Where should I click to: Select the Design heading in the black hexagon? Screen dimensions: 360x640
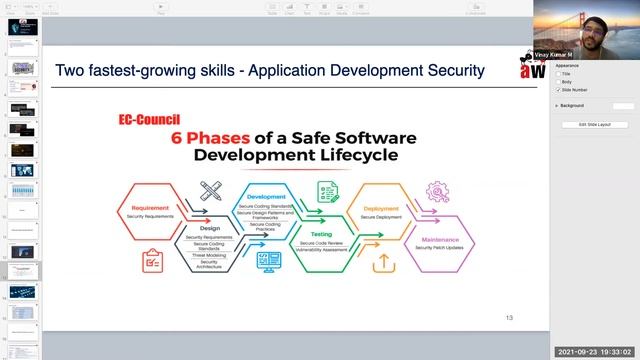point(211,226)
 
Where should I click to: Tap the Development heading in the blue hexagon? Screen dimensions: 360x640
point(266,197)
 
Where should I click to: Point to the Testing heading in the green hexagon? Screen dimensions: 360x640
point(322,233)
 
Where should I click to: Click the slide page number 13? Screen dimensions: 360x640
point(509,317)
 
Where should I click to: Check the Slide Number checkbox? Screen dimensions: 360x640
point(558,90)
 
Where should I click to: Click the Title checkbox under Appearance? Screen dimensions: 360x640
point(558,74)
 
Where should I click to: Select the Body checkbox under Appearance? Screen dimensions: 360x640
point(558,82)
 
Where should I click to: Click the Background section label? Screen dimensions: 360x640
point(572,105)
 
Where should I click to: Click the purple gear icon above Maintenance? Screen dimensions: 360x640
point(437,191)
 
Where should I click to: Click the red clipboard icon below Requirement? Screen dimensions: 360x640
point(153,260)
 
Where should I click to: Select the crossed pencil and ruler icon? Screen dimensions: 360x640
point(210,191)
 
